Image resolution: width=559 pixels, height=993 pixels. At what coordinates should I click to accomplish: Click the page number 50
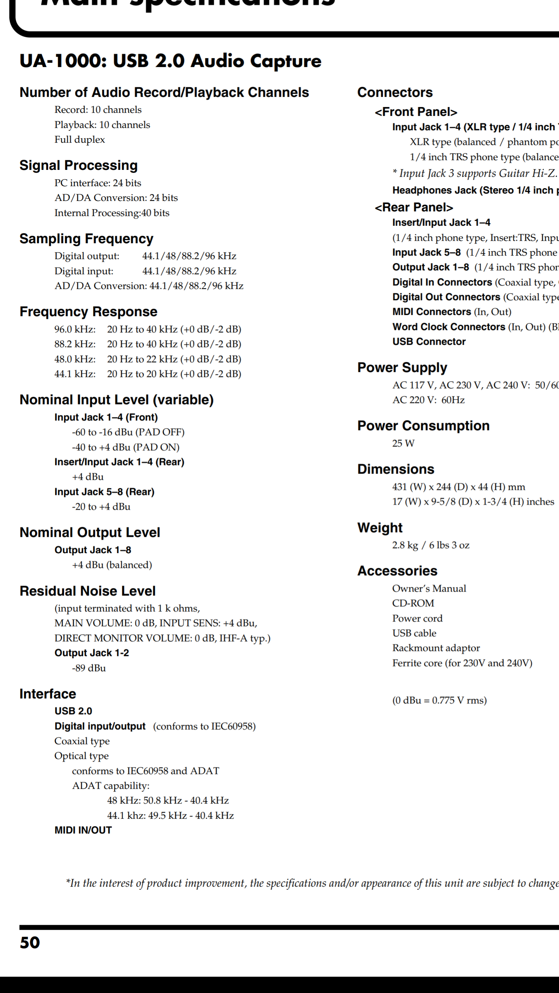[x=30, y=943]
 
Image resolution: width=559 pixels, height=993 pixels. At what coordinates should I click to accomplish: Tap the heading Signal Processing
[x=78, y=165]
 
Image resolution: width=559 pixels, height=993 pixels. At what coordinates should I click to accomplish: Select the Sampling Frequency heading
[x=86, y=239]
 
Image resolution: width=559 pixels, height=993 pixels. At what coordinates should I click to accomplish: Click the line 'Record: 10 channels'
[x=98, y=110]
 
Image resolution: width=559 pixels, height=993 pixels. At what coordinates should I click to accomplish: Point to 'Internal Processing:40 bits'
[x=112, y=213]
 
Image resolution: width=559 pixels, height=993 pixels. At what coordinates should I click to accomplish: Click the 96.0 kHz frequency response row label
[x=75, y=329]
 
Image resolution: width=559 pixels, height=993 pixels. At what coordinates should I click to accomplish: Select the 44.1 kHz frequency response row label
[x=75, y=374]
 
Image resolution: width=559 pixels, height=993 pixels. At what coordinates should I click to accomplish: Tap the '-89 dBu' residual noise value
[x=89, y=668]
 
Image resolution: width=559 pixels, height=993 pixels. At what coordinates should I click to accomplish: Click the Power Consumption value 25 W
[x=403, y=443]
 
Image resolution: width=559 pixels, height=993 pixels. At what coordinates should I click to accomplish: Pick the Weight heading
[x=380, y=528]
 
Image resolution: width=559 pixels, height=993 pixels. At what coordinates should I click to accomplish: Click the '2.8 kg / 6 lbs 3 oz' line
[x=431, y=545]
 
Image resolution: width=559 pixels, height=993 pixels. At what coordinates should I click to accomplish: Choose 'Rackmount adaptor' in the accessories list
[x=436, y=648]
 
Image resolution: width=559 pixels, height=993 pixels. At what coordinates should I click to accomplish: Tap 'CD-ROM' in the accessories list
[x=413, y=604]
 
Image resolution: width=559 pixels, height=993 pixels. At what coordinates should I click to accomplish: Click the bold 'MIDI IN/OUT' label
[x=83, y=830]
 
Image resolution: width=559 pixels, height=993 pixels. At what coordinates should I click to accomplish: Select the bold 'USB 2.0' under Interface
[x=73, y=711]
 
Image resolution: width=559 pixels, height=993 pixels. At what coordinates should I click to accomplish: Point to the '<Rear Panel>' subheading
[x=414, y=208]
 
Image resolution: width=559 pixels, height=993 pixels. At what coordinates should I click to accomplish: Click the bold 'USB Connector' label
[x=429, y=342]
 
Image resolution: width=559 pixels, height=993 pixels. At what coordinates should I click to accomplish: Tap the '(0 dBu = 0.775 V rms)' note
[x=439, y=700]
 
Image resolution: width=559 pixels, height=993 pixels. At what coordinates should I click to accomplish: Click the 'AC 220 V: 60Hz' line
[x=428, y=400]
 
